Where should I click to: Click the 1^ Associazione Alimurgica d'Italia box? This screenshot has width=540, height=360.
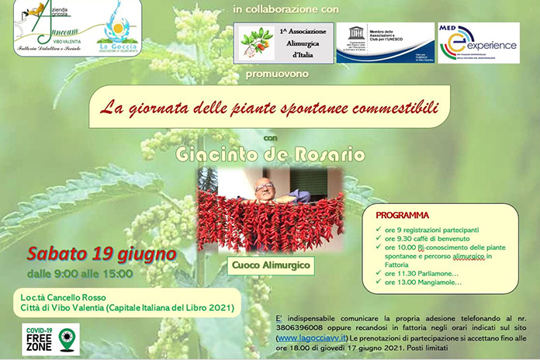pos(284,43)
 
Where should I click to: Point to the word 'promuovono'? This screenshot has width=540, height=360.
pos(276,74)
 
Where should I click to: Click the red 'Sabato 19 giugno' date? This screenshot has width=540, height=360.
pos(102,254)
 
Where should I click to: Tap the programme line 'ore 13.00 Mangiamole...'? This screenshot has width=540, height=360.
pos(423,282)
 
